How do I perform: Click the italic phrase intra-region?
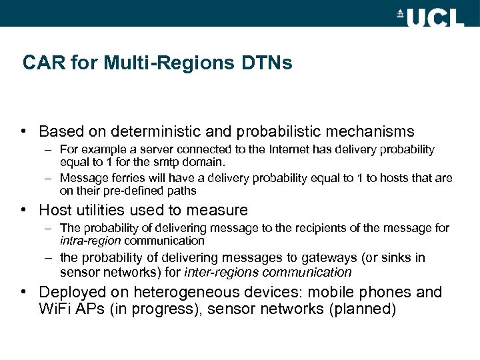pos(90,240)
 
